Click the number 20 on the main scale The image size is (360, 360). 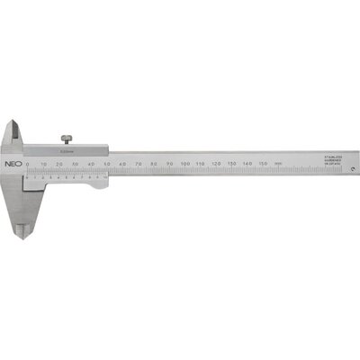point(58,163)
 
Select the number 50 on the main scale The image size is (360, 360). point(106,163)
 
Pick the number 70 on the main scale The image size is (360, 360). point(138,163)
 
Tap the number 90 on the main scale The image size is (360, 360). point(169,163)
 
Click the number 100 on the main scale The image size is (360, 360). point(184,163)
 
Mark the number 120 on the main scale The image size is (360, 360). point(217,163)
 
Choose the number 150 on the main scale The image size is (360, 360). point(264,163)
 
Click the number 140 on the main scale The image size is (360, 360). point(248,163)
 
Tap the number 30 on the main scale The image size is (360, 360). point(75,163)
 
